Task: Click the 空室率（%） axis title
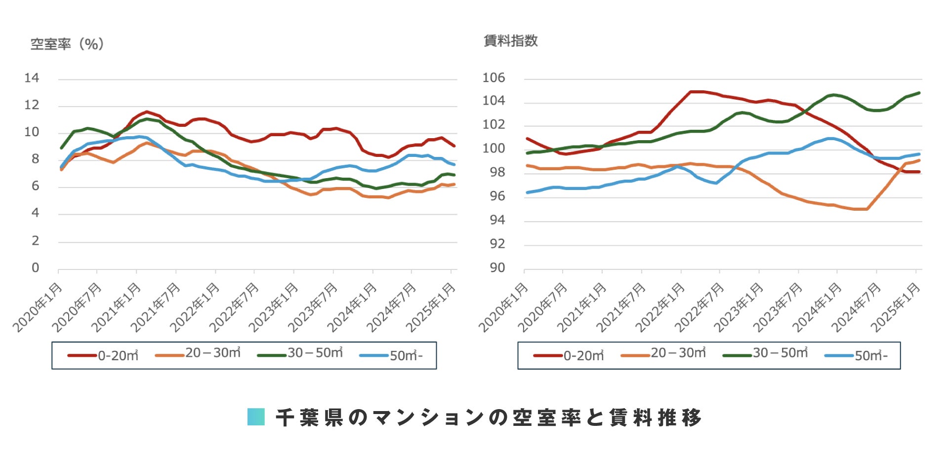point(67,44)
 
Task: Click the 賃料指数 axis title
point(510,41)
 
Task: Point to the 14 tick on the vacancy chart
point(32,78)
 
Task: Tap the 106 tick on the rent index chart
point(494,78)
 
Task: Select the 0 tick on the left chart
point(35,268)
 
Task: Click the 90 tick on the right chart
point(497,268)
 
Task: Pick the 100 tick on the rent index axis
point(494,149)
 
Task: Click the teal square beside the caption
point(256,417)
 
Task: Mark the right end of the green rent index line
point(918,93)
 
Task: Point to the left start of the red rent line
point(527,139)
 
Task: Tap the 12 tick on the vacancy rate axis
point(32,105)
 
